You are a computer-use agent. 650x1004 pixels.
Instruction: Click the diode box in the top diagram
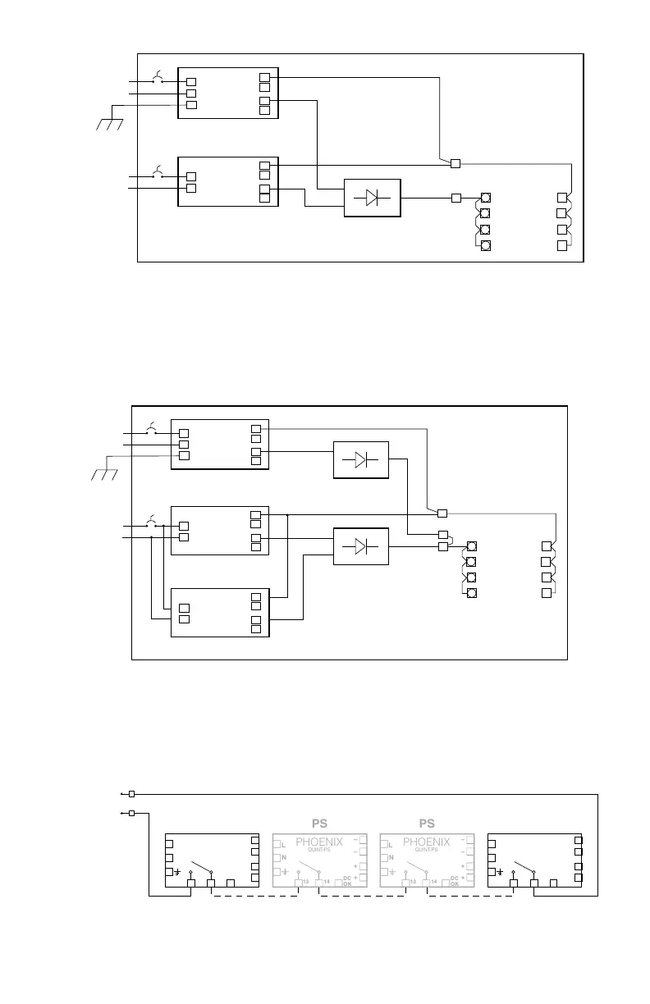point(372,197)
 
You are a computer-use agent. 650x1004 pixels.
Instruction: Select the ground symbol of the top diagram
point(109,124)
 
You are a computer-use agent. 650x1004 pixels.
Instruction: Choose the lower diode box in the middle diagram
point(360,546)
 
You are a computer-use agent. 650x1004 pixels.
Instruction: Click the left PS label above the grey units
point(319,823)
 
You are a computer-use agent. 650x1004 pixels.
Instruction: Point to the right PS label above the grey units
point(427,823)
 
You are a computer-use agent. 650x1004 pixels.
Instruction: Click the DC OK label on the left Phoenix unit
point(347,881)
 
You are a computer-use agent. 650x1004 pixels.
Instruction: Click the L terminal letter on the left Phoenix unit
point(283,843)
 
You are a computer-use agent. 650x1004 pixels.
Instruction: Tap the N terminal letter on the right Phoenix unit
point(391,857)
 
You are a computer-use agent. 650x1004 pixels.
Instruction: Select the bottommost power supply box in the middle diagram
point(219,612)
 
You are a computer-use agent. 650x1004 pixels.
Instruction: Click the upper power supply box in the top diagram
point(227,93)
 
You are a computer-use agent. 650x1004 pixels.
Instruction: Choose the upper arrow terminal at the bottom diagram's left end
point(127,794)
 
